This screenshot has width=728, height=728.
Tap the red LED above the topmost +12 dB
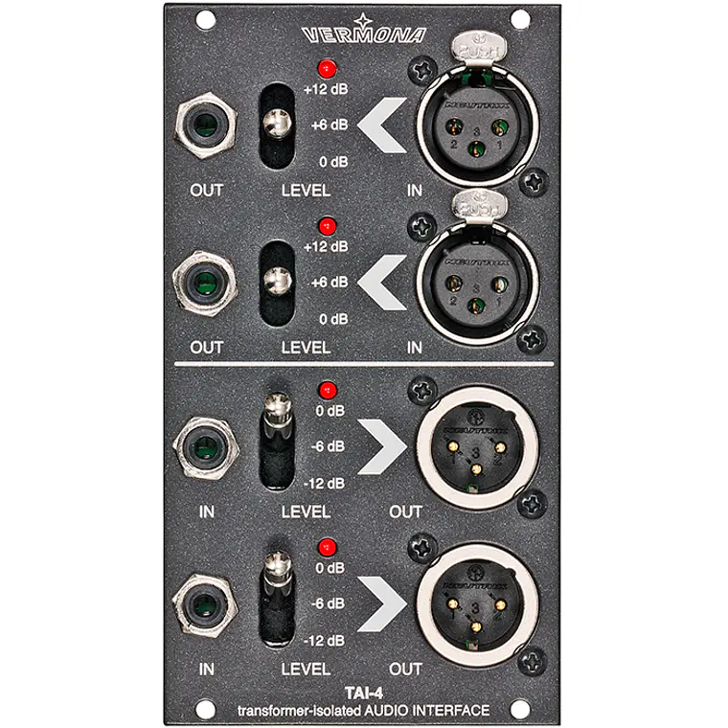coord(329,68)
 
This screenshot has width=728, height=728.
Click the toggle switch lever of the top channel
coord(278,124)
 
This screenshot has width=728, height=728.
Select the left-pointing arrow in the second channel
coord(385,282)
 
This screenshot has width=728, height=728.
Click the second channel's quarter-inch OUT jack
coord(205,282)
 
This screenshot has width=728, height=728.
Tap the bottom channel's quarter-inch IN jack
coord(205,603)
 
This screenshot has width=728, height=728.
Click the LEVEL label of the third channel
coord(306,512)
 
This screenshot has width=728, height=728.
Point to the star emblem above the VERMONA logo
coord(363,19)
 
